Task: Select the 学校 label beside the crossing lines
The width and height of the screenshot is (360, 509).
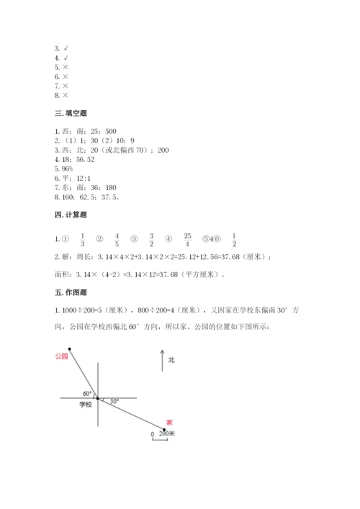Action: click(86, 405)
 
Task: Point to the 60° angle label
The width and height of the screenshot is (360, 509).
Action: click(88, 394)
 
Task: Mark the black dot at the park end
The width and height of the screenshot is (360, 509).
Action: click(70, 348)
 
